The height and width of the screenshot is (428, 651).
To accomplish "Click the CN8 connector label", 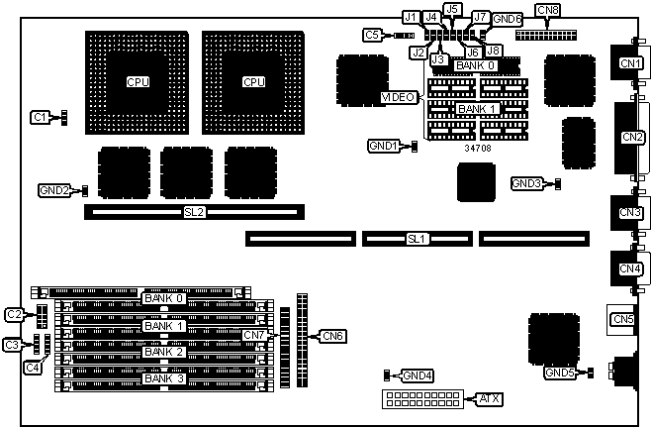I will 547,11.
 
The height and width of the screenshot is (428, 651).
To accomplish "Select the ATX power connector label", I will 488,398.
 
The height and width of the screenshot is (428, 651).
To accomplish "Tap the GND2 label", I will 54,189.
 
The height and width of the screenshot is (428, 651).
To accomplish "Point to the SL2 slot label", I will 194,212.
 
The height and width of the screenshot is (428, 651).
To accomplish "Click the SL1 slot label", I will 417,239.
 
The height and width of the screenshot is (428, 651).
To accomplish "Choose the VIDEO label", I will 399,97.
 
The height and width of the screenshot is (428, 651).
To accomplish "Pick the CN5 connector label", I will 622,319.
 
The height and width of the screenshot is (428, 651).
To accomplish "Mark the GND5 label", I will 559,373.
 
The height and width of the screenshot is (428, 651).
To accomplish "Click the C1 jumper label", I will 40,117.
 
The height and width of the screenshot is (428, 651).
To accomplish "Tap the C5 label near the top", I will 372,36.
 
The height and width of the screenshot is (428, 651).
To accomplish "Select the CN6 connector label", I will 332,336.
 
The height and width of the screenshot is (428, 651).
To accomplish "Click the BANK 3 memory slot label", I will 163,377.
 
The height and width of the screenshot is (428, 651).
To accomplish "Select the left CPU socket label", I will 139,81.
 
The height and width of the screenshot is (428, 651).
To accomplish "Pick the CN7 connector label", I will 254,336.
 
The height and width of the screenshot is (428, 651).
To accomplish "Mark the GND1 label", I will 383,146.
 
